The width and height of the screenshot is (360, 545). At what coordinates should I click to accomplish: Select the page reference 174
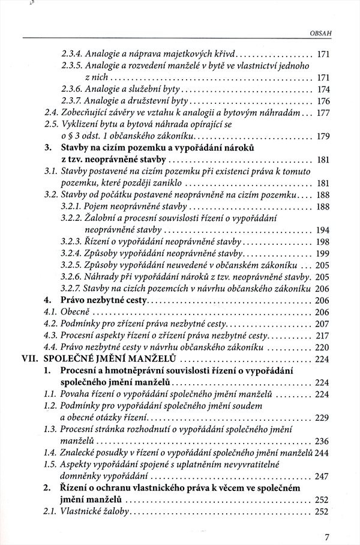(323, 89)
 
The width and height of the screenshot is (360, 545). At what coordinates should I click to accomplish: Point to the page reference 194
(323, 229)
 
